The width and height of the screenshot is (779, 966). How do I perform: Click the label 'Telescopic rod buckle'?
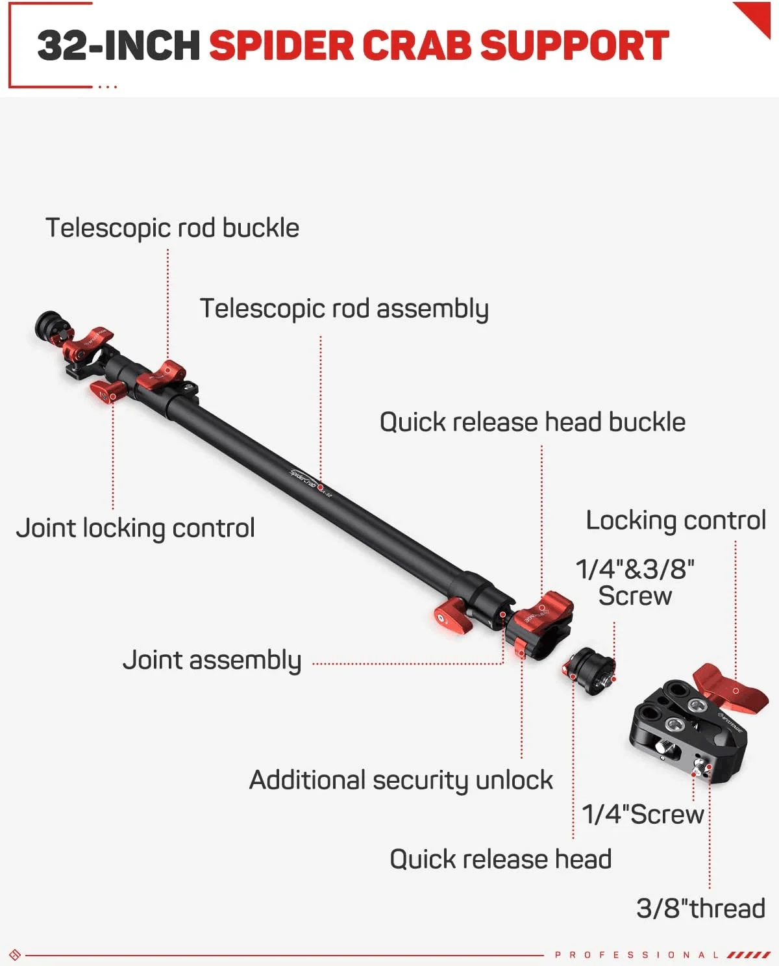172,228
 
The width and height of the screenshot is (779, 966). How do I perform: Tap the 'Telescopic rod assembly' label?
343,309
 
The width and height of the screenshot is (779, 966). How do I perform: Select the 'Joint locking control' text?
135,528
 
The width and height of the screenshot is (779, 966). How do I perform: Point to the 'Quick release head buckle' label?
532,422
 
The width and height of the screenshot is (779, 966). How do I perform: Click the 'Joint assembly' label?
212,660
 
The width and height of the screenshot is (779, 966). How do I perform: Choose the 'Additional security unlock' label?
401,780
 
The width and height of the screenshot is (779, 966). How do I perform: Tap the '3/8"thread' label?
700,908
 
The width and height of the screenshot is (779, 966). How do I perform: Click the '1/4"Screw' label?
643,814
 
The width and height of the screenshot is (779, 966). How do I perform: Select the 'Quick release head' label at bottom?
501,859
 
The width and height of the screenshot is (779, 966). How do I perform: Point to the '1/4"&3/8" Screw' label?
635,582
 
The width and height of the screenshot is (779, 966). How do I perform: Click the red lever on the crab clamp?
730,687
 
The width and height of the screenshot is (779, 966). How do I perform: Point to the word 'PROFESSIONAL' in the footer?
636,954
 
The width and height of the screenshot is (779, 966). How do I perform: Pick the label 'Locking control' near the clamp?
676,520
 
